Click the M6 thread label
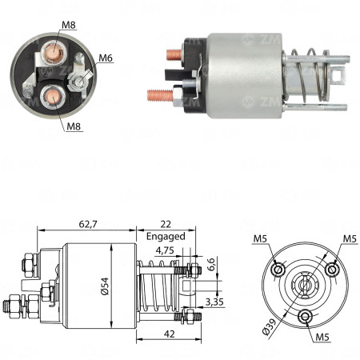tap(106, 58)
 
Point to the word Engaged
tap(166, 237)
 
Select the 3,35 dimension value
tap(214, 301)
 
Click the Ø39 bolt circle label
tap(270, 326)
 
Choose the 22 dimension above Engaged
tap(166, 225)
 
